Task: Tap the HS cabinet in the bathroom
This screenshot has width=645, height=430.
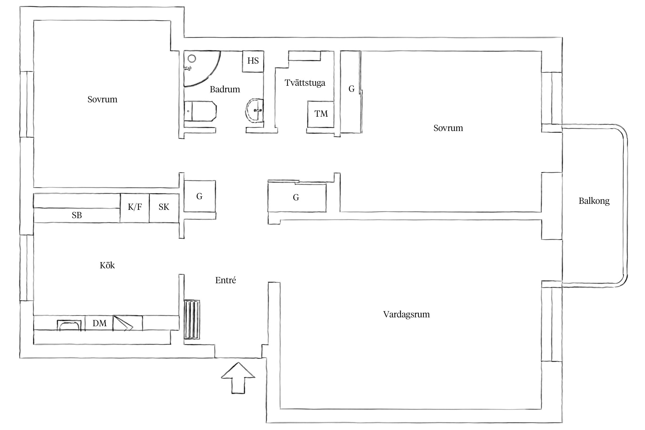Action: pyautogui.click(x=253, y=61)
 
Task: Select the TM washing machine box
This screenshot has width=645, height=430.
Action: pyautogui.click(x=320, y=114)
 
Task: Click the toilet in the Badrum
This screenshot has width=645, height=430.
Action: pyautogui.click(x=200, y=111)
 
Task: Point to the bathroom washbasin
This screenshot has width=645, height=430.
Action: pyautogui.click(x=255, y=111)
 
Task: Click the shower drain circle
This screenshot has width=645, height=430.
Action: pyautogui.click(x=192, y=59)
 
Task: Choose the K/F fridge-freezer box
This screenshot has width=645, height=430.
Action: pyautogui.click(x=135, y=208)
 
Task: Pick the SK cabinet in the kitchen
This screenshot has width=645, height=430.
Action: pyautogui.click(x=164, y=208)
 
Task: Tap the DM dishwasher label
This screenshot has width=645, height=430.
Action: pyautogui.click(x=99, y=323)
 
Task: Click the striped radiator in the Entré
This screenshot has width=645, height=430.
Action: pyautogui.click(x=192, y=319)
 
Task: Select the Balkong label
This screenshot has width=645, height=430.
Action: pyautogui.click(x=594, y=201)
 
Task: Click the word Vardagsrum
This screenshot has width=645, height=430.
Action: pyautogui.click(x=406, y=315)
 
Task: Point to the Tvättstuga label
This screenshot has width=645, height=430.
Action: pyautogui.click(x=305, y=83)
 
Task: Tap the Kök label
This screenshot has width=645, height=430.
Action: pyautogui.click(x=107, y=265)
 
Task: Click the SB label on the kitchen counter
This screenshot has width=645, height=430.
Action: pyautogui.click(x=77, y=215)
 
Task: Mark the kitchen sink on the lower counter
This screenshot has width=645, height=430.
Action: pyautogui.click(x=69, y=325)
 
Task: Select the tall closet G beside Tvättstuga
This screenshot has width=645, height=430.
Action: pyautogui.click(x=351, y=92)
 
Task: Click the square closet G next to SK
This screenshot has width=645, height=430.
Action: pyautogui.click(x=200, y=196)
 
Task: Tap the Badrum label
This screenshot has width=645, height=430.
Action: pyautogui.click(x=225, y=89)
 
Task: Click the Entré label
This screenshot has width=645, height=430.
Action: pyautogui.click(x=226, y=280)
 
